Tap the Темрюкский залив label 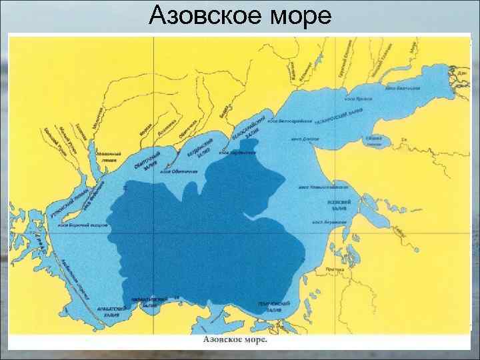click(x=273, y=307)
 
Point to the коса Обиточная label click(x=177, y=171)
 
